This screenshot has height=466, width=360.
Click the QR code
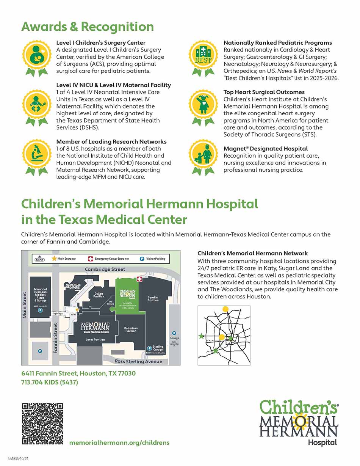coord(42,424)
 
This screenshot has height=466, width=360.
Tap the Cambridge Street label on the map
coord(105,269)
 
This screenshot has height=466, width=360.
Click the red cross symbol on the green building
coord(139,279)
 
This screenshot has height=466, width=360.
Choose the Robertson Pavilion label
coord(131,329)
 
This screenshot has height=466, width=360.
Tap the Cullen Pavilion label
coord(99,295)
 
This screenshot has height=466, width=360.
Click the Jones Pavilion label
coord(95,340)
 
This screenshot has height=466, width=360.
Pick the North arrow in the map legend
coord(39,259)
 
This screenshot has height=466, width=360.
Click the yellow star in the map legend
coord(54,259)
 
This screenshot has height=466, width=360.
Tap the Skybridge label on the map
coord(58,314)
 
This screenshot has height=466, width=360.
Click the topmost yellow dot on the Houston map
coord(225,309)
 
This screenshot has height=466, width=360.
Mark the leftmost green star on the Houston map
coord(201,336)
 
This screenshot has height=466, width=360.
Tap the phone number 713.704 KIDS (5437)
coord(50,382)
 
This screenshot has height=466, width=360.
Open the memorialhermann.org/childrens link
coord(119,442)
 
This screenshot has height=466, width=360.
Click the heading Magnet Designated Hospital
coord(265,149)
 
